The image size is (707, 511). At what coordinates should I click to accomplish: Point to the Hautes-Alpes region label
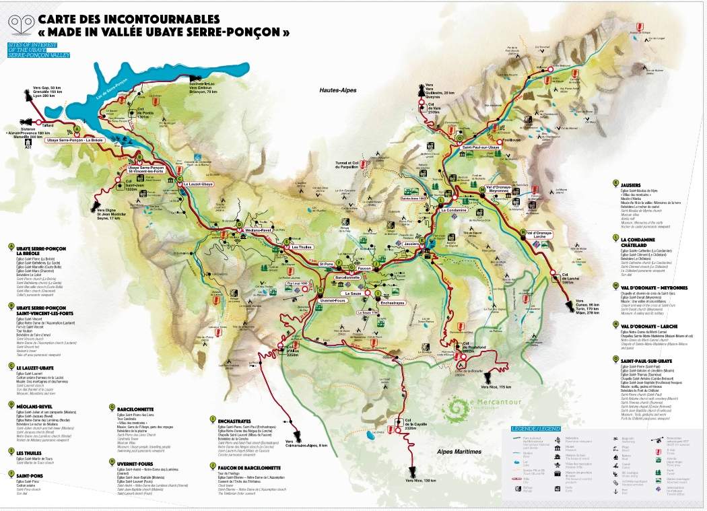pos(339,90)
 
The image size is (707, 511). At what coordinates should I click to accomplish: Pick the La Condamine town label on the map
pos(454,210)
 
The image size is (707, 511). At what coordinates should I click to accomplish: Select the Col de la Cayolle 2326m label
pos(412,425)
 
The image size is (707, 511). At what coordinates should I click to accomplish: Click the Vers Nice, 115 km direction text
pos(495,386)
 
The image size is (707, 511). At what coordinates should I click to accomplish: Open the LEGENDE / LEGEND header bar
pos(536,428)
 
